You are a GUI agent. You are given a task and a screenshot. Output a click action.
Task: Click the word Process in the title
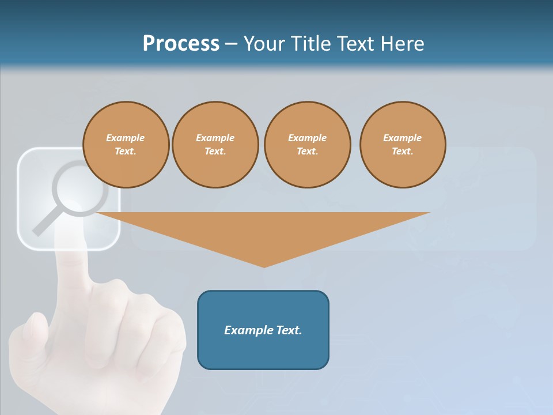(181, 43)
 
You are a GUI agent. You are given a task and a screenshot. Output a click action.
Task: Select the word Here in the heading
(402, 43)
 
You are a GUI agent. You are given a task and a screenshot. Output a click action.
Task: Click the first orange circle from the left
(126, 145)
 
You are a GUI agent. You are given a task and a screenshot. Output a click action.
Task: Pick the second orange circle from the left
(215, 145)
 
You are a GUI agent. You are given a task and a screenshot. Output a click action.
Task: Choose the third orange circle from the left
(307, 145)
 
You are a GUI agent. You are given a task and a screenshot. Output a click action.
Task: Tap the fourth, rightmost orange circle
(403, 145)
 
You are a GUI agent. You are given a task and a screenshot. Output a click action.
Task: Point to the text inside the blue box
(263, 330)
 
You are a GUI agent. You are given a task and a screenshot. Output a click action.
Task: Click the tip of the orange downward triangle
(264, 266)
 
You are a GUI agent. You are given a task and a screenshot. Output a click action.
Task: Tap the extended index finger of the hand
(71, 254)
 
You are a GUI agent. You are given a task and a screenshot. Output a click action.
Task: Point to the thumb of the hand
(32, 334)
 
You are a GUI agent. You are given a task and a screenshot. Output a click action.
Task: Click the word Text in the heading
(355, 43)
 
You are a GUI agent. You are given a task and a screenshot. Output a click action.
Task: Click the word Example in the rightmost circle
(402, 138)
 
